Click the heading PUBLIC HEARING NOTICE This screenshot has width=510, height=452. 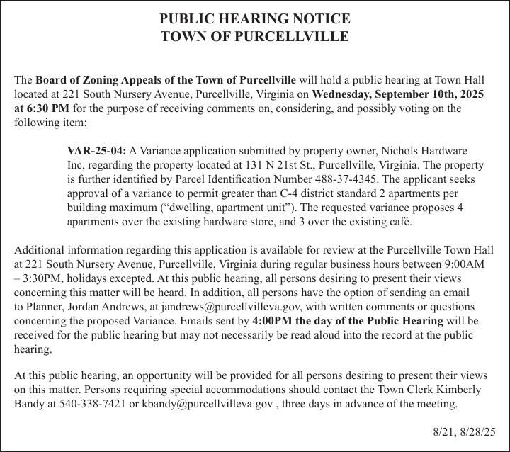(x=255, y=18)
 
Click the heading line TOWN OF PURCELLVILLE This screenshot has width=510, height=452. (x=255, y=37)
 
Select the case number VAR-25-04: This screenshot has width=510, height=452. (x=96, y=151)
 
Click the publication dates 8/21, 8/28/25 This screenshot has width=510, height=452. (x=464, y=431)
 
